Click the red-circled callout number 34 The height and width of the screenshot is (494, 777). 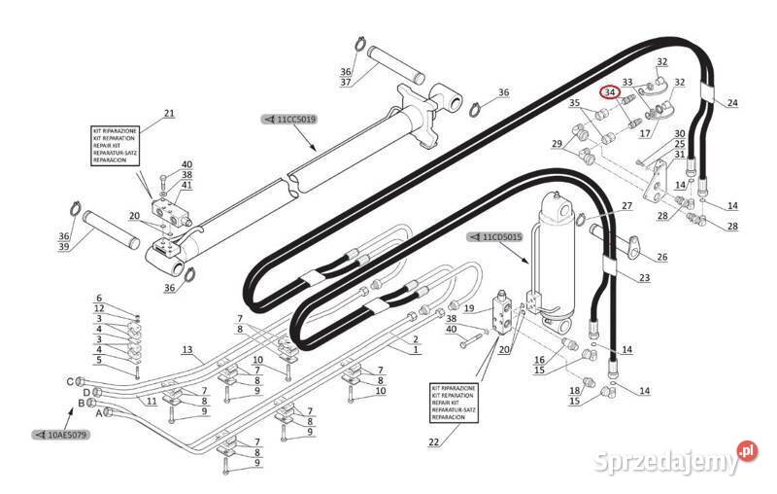click(610, 92)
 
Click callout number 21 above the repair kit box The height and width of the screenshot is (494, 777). click(168, 114)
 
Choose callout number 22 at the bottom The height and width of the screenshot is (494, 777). click(432, 442)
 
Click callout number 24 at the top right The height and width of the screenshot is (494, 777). click(731, 103)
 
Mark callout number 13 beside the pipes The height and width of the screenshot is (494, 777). click(188, 349)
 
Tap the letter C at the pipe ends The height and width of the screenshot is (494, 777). click(68, 381)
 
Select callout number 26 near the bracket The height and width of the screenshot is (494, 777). click(661, 258)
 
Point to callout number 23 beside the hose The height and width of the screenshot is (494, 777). click(645, 279)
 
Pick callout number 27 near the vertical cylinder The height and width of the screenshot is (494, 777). click(626, 205)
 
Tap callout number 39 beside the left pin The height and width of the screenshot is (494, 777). click(64, 246)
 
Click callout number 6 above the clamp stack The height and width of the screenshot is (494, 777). click(98, 298)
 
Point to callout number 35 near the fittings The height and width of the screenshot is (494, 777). click(574, 103)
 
